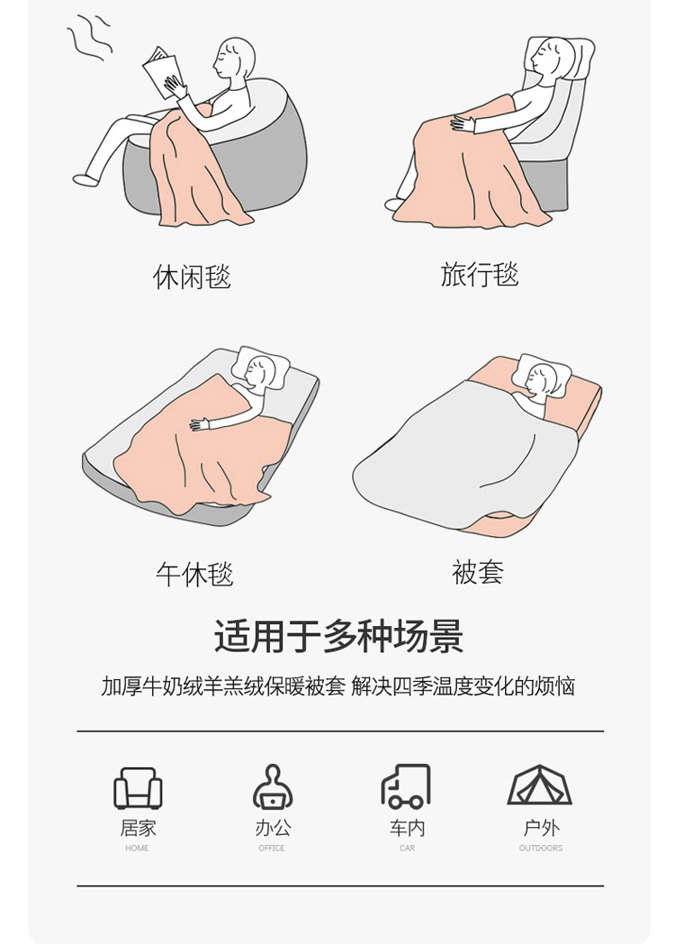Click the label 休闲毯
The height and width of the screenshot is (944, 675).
coord(192,277)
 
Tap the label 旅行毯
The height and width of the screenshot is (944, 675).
coord(479,274)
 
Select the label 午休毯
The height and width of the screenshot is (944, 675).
coord(194,574)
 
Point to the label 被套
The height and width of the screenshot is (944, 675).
coord(478,571)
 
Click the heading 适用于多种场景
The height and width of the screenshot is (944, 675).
coord(338,636)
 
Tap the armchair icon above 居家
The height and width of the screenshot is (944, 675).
coord(138,788)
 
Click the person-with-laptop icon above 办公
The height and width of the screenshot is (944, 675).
coord(273,786)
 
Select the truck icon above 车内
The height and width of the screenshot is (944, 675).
coord(406,786)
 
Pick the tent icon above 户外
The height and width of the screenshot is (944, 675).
coord(540,785)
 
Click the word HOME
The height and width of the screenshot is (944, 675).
coord(137,849)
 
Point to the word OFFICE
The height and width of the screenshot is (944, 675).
coord(271,849)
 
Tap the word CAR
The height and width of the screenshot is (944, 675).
coord(407,849)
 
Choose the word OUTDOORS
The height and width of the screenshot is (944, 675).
coord(541,849)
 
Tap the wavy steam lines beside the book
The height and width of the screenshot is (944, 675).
coord(89,36)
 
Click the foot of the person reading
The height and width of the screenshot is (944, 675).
coord(85,179)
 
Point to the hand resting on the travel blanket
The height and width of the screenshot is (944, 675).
coord(462,124)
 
